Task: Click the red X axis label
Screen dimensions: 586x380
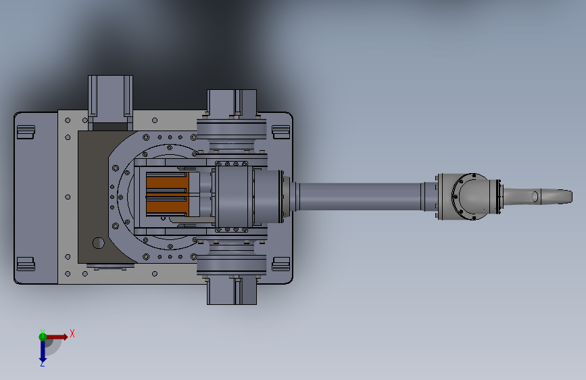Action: (72, 333)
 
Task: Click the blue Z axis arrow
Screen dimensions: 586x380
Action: (43, 350)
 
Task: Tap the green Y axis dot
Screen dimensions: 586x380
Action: (43, 337)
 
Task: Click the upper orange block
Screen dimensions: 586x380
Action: (167, 183)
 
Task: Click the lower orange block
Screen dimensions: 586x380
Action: (167, 206)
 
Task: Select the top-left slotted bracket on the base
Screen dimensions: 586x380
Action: (26, 132)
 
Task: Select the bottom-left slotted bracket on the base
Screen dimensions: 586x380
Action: (26, 264)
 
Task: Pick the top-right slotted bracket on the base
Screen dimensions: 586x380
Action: (281, 132)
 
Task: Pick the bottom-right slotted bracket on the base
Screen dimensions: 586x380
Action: (281, 264)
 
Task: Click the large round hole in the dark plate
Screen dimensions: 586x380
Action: (98, 243)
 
